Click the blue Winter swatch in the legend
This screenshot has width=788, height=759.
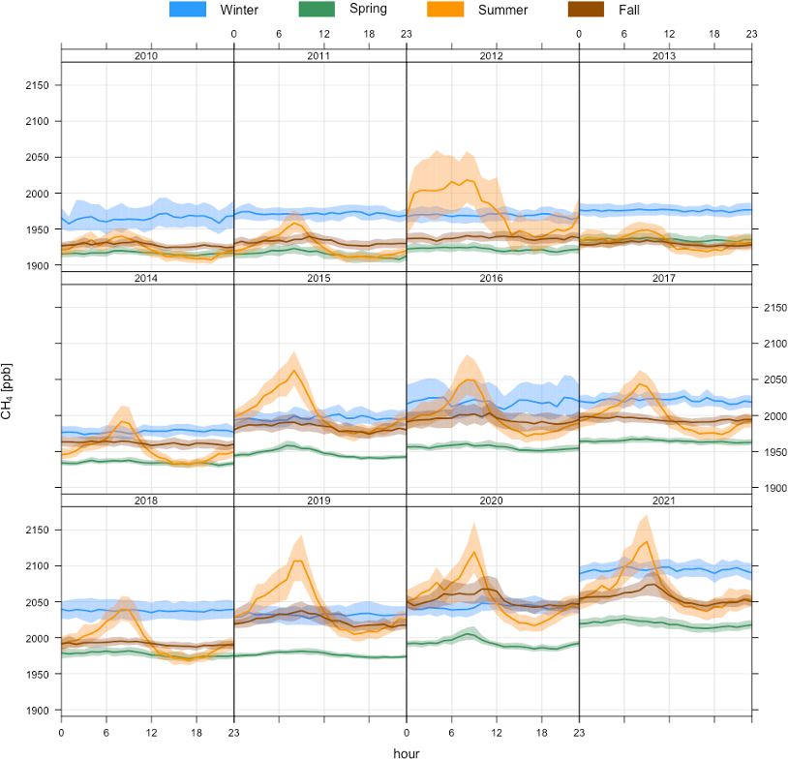188,10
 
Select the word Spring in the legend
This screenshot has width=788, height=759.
367,10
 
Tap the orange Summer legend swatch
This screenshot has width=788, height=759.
446,10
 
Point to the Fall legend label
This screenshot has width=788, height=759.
628,10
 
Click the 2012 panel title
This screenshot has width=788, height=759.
492,55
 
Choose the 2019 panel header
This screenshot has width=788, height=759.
319,501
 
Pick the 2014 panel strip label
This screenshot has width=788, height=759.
147,278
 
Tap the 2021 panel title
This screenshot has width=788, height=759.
665,501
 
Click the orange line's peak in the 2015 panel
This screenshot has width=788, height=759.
294,370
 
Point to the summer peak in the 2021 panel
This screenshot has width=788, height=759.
646,542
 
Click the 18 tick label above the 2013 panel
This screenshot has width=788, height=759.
714,34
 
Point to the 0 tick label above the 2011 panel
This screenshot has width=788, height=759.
235,34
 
